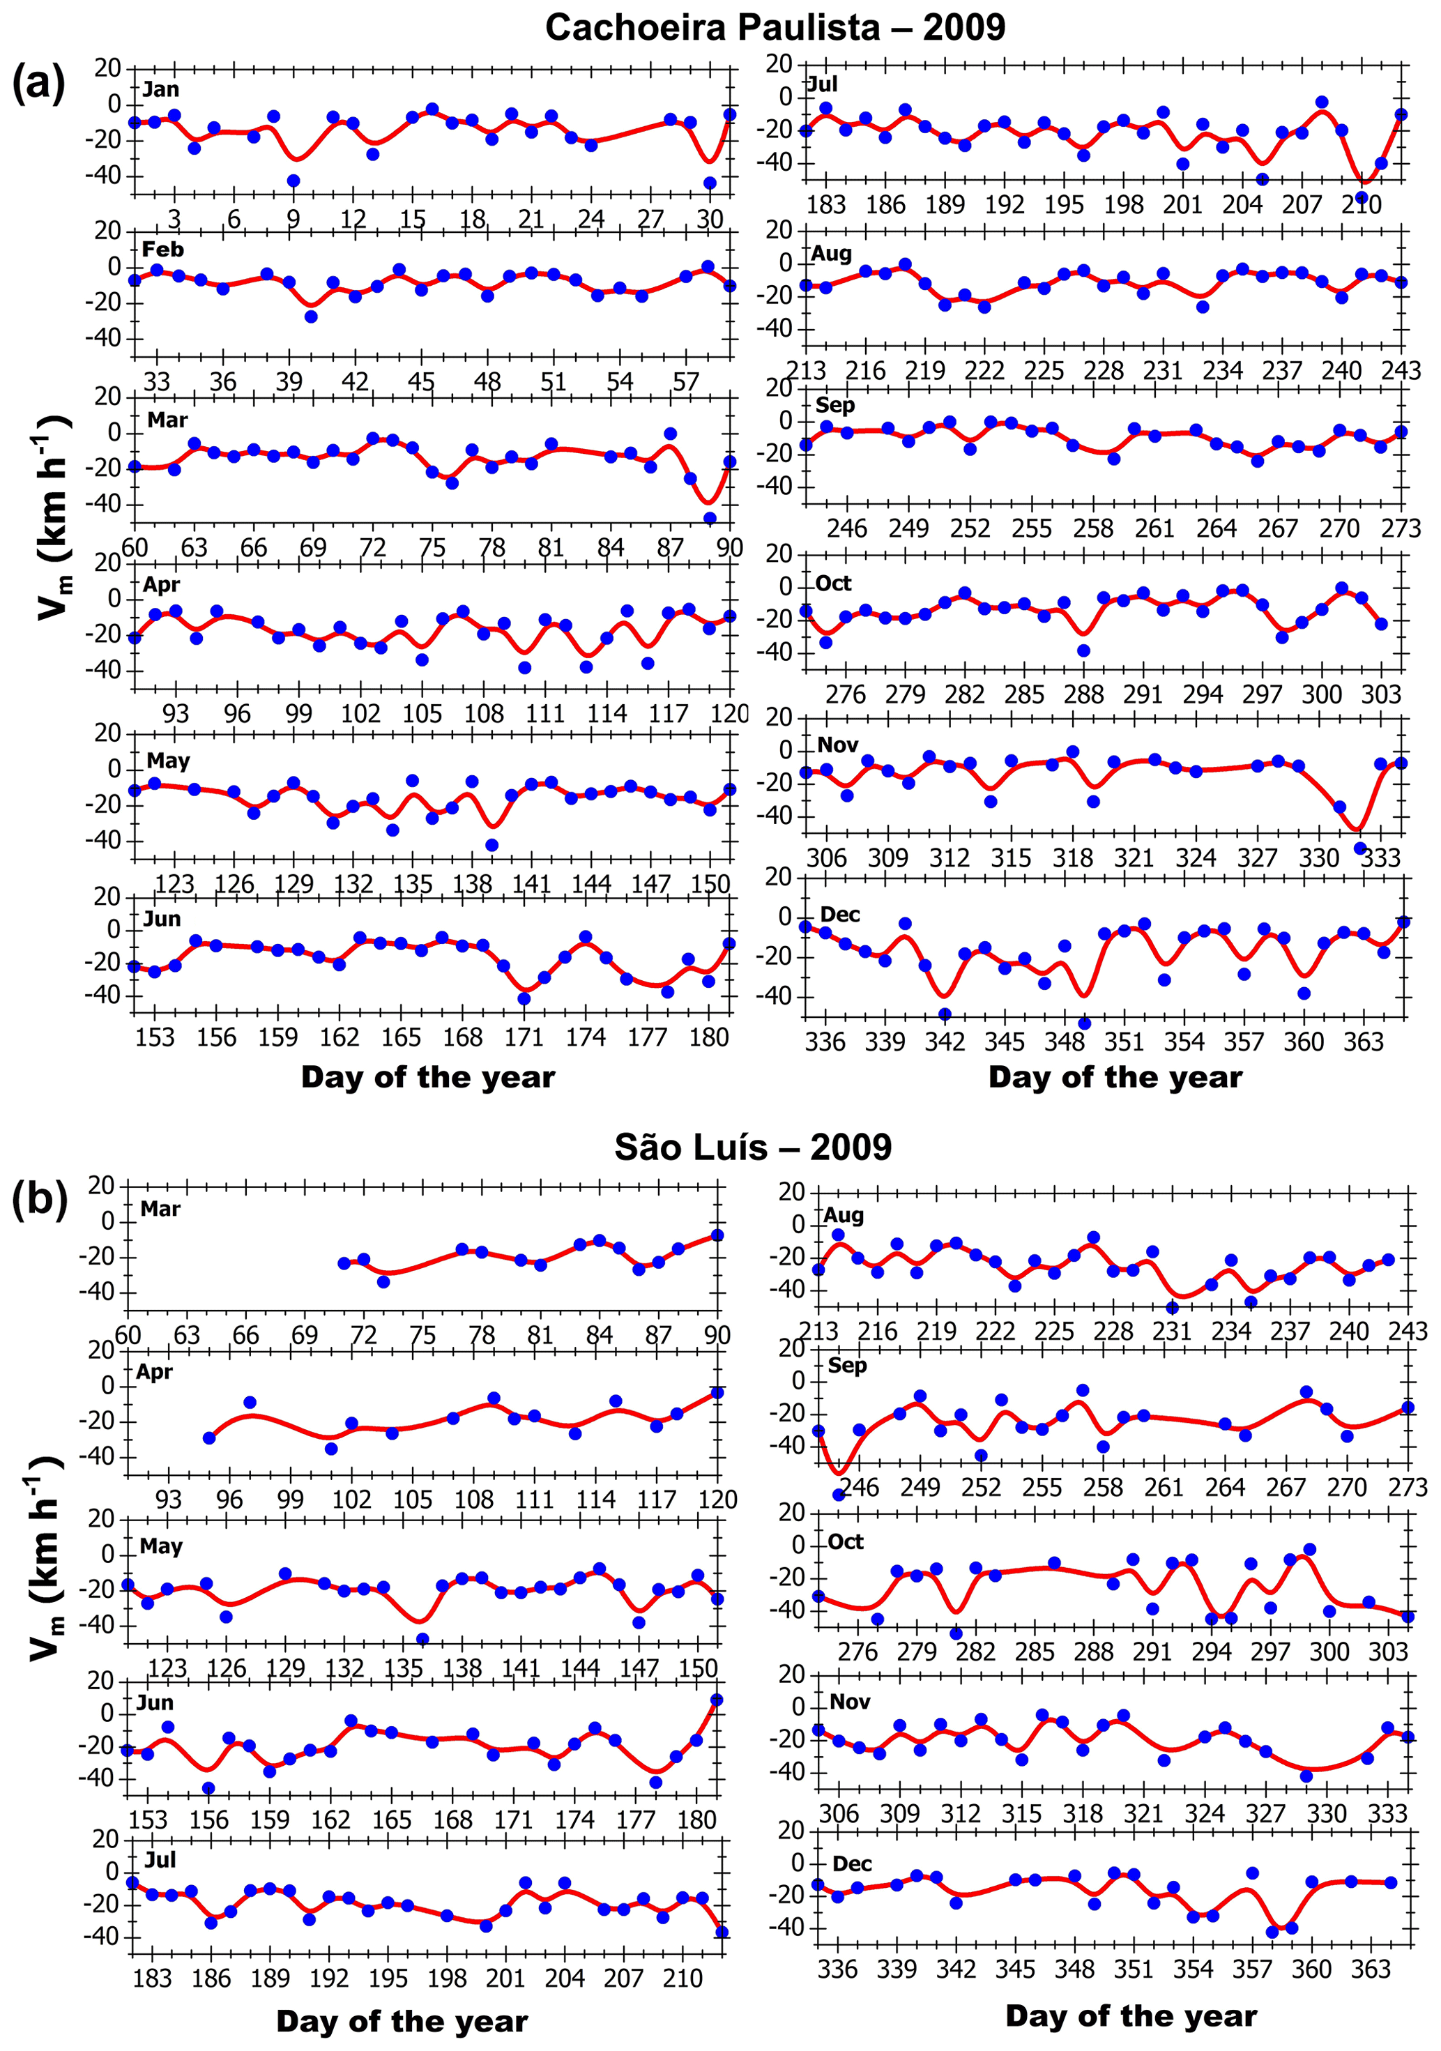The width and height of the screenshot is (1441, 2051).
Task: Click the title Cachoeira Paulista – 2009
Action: pyautogui.click(x=775, y=28)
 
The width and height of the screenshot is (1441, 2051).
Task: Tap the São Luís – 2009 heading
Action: pyautogui.click(x=752, y=1147)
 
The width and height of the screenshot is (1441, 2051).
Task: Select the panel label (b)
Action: pyautogui.click(x=38, y=1200)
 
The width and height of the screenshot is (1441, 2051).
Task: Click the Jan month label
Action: pyautogui.click(x=161, y=89)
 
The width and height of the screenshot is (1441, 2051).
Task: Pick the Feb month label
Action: pyautogui.click(x=162, y=249)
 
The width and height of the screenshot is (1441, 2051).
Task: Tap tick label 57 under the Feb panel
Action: pyautogui.click(x=685, y=382)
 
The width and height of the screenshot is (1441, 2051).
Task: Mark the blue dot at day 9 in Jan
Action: pyautogui.click(x=293, y=181)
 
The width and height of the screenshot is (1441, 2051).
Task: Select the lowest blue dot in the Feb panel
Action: pyautogui.click(x=311, y=317)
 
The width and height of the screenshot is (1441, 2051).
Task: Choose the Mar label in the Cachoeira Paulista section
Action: pyautogui.click(x=167, y=420)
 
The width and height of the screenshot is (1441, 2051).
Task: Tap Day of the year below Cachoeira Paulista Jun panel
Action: pyautogui.click(x=428, y=1076)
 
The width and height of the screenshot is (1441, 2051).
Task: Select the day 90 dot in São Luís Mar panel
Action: pyautogui.click(x=717, y=1235)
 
